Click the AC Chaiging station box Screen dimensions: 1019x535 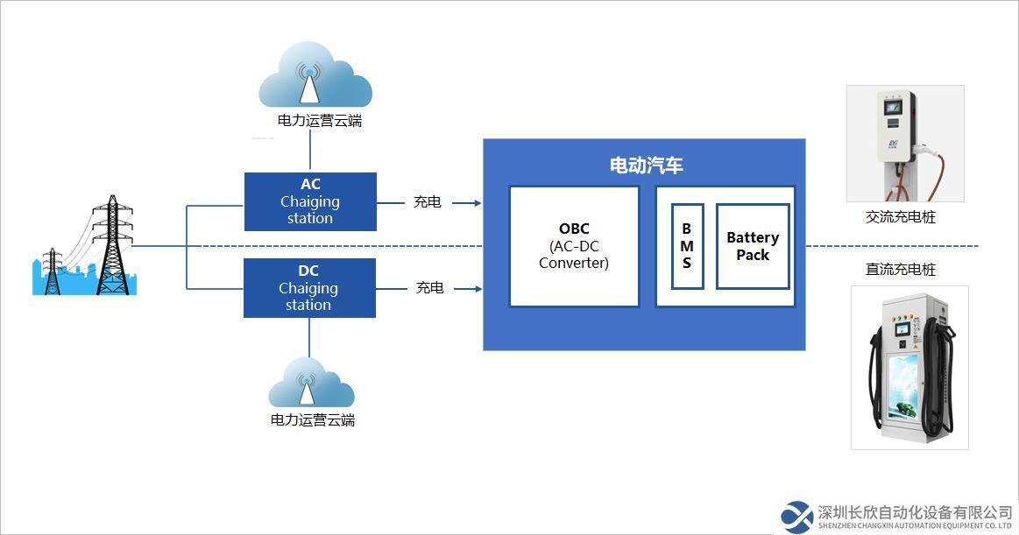tap(311, 201)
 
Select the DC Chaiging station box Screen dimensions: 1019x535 tap(309, 287)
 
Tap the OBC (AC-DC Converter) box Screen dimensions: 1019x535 tap(574, 246)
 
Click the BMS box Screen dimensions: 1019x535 tap(687, 246)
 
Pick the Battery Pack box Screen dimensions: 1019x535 tap(753, 246)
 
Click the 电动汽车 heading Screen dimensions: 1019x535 tap(646, 165)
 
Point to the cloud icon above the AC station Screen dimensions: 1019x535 tap(315, 75)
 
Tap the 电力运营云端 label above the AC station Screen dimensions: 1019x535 tap(319, 120)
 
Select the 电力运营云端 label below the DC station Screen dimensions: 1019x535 tap(313, 420)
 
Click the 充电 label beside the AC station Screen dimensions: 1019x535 tap(427, 202)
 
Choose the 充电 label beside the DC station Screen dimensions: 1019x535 tap(429, 287)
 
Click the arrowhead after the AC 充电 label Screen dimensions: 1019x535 tap(478, 203)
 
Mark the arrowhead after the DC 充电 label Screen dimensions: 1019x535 tap(478, 288)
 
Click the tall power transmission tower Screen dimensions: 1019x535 tap(113, 245)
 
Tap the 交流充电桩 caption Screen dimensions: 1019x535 tap(901, 217)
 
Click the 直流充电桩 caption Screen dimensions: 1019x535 tap(901, 269)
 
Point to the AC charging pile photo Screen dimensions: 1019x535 tap(905, 144)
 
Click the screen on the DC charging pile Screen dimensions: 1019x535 tap(902, 330)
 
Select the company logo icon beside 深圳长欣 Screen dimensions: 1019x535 tap(796, 517)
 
